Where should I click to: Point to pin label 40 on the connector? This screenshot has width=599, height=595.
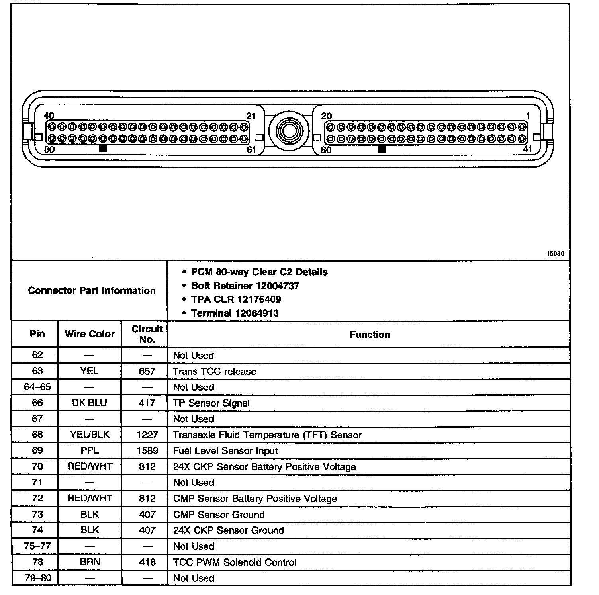(49, 116)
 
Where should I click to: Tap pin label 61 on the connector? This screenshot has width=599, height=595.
(251, 150)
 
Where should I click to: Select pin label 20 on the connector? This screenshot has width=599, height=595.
(326, 116)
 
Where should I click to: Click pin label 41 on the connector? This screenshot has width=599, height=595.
(527, 149)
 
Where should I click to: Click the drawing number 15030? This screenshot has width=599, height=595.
(555, 253)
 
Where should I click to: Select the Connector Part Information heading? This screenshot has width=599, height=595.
(92, 290)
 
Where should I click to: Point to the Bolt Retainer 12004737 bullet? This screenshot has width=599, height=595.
(245, 286)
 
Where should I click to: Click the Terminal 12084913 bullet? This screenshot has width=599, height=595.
(235, 313)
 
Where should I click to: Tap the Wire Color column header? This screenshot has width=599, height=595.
(90, 334)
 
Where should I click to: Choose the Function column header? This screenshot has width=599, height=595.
(370, 335)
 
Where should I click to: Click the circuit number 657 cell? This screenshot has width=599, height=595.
(147, 371)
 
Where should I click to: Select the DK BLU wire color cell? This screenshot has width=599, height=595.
(90, 403)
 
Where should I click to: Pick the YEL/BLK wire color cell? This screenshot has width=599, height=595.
(90, 435)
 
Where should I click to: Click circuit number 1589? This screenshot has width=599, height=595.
(147, 450)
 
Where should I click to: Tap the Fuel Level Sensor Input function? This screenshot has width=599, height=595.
(225, 451)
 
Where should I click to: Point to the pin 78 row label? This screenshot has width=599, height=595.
(37, 562)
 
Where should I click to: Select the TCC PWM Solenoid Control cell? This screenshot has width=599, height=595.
(235, 562)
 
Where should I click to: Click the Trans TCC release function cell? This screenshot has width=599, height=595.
(214, 371)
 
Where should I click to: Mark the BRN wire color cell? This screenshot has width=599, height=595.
(90, 562)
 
